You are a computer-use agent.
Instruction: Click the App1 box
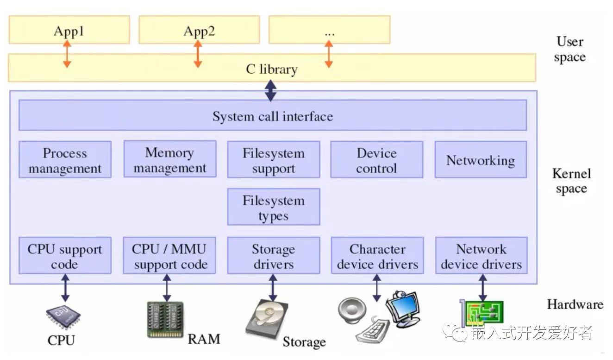[x=69, y=30]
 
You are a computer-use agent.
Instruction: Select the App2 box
[x=199, y=30]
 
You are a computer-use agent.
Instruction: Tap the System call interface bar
[x=273, y=115]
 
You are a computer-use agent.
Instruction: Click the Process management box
[x=65, y=159]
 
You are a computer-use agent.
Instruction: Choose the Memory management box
[x=170, y=159]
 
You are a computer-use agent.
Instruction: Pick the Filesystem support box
[x=274, y=159]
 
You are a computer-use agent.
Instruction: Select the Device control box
[x=377, y=159]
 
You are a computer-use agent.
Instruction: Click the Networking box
[x=481, y=159]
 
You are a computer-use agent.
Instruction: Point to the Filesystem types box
[x=274, y=207]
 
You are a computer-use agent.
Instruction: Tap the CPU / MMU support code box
[x=169, y=256]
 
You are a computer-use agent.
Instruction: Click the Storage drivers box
[x=274, y=256]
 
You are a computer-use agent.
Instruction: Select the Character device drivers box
[x=377, y=256]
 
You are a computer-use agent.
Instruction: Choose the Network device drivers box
[x=482, y=256]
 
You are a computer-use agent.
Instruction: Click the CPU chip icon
[x=63, y=316]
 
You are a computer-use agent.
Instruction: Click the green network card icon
[x=482, y=313]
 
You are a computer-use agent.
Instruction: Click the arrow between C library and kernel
[x=271, y=91]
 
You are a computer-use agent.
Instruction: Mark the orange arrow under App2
[x=198, y=54]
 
